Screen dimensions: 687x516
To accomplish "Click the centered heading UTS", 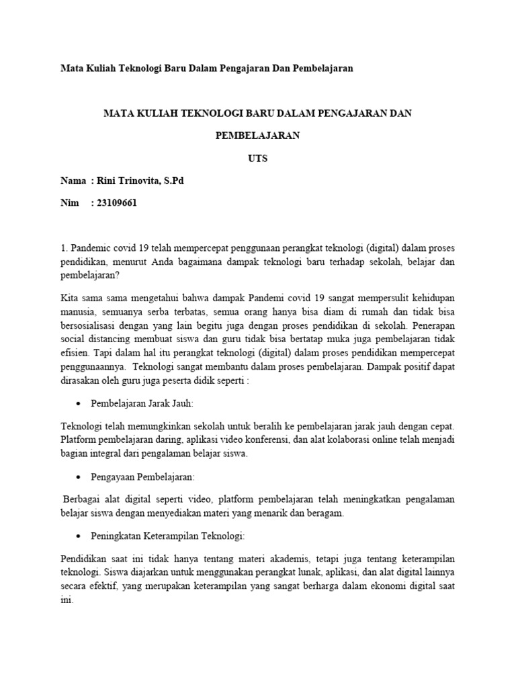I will click(257, 158).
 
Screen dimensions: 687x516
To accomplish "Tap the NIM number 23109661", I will click(117, 204).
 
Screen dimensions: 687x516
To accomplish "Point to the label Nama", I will click(73, 181).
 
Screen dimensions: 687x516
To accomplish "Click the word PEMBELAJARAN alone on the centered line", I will click(257, 136).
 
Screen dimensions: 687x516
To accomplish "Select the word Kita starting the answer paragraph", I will click(71, 296).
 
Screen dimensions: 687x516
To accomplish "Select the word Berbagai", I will click(82, 500).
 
